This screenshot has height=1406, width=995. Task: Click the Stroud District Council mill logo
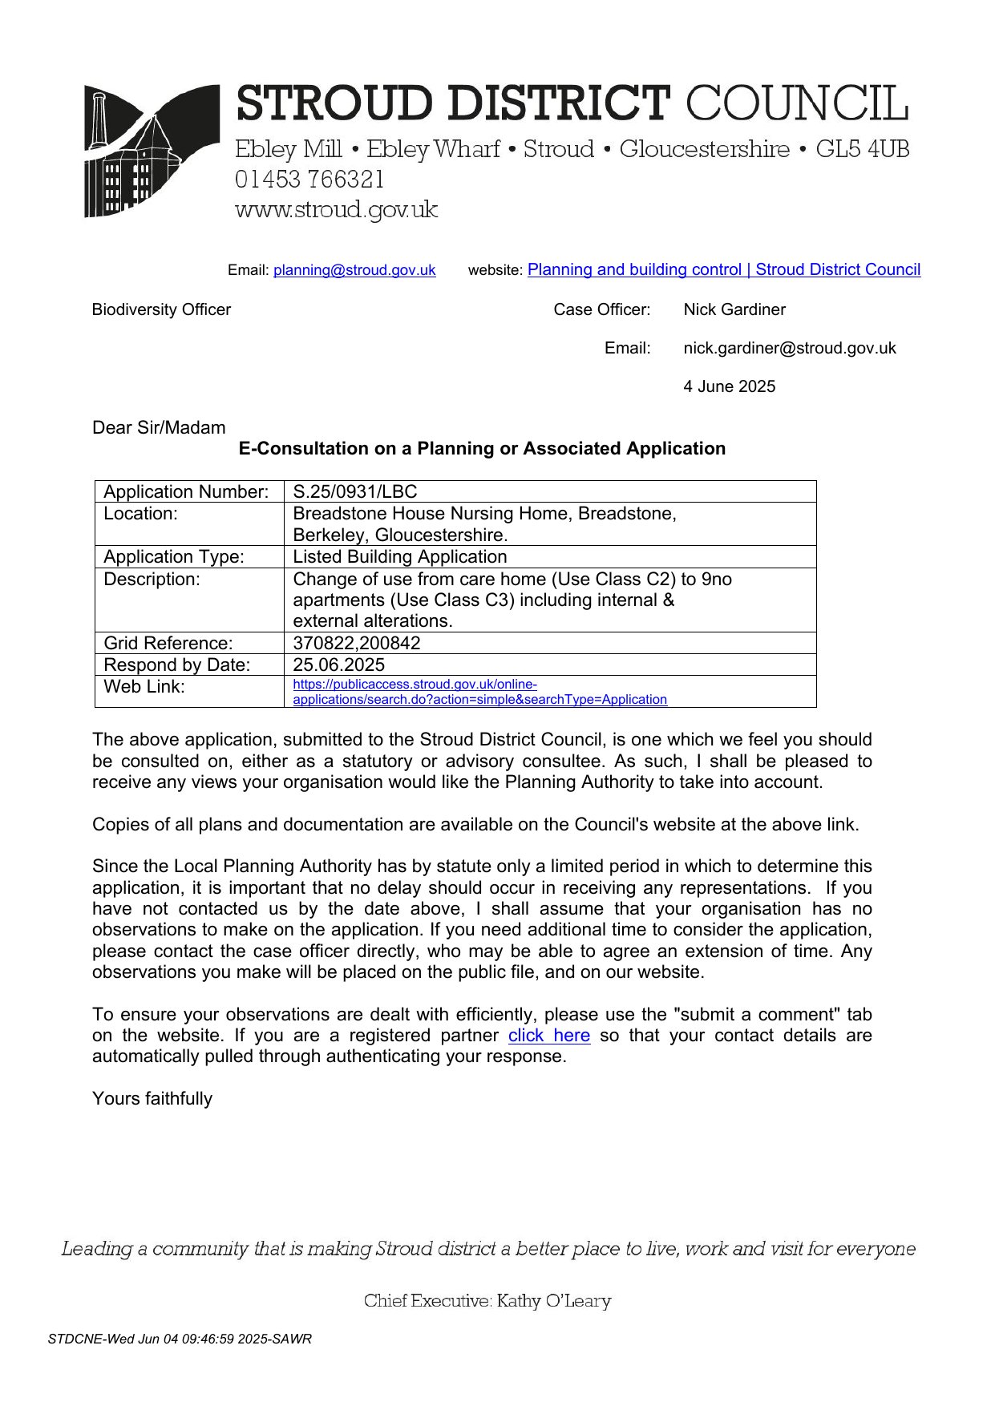(x=152, y=151)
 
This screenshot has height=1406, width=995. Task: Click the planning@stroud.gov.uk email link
(x=354, y=270)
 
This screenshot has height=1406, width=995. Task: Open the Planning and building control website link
(x=723, y=269)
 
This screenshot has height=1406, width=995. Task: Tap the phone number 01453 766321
(x=309, y=180)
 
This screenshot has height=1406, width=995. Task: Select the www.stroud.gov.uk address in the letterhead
(x=336, y=210)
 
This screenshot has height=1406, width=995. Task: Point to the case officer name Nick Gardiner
(x=734, y=309)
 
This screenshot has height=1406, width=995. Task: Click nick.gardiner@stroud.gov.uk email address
(x=789, y=348)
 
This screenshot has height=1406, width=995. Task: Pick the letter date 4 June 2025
(x=729, y=386)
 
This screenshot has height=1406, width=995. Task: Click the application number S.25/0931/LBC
(x=354, y=491)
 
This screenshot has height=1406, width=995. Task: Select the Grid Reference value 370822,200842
(x=356, y=643)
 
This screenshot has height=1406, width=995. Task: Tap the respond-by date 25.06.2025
(x=338, y=665)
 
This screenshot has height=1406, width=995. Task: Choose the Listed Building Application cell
(x=399, y=556)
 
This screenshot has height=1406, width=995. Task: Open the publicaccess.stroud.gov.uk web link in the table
(x=479, y=692)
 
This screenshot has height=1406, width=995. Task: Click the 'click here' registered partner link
(x=548, y=1035)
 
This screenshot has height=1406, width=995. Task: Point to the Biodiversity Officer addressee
(x=161, y=309)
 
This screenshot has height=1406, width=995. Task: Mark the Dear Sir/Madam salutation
(x=159, y=427)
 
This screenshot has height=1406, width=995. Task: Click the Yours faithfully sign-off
(x=152, y=1098)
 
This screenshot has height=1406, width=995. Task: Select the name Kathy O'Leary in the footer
(x=553, y=1300)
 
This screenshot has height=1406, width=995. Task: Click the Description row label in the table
(x=152, y=579)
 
